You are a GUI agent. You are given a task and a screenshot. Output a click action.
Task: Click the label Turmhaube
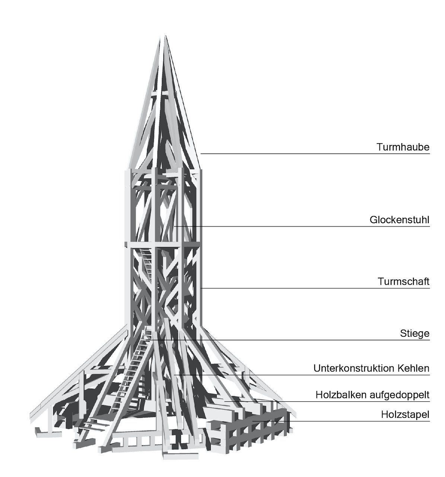pyautogui.click(x=403, y=147)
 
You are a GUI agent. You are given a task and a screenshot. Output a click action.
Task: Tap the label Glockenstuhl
pyautogui.click(x=400, y=220)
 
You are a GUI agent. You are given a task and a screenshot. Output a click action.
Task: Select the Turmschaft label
pyautogui.click(x=403, y=281)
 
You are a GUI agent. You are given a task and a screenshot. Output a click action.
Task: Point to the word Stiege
pyautogui.click(x=414, y=334)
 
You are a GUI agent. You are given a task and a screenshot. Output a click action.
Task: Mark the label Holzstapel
pyautogui.click(x=405, y=414)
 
